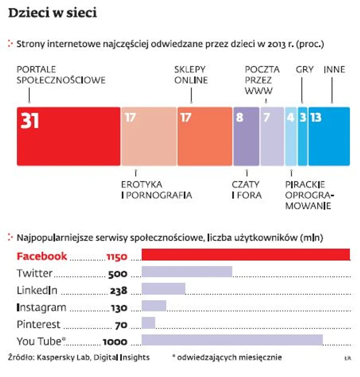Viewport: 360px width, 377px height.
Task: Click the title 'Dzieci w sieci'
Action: [x=53, y=13]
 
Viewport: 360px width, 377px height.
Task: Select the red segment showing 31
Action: [x=68, y=136]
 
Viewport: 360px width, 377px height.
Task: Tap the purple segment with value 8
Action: [x=243, y=136]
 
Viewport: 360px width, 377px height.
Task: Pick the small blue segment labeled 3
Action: [x=303, y=136]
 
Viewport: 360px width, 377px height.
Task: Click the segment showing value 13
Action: [x=329, y=136]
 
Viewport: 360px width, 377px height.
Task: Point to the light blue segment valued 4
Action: [x=291, y=136]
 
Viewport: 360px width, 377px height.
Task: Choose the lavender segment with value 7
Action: [x=272, y=136]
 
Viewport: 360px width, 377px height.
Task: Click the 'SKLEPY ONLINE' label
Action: [x=191, y=75]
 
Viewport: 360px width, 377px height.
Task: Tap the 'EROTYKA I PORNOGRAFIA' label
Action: [x=157, y=190]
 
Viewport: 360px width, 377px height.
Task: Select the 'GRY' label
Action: [x=305, y=70]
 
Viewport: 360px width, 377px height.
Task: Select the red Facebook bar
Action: [x=246, y=254]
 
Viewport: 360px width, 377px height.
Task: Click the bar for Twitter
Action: [x=186, y=272]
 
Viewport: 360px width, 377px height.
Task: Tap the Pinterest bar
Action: [x=148, y=323]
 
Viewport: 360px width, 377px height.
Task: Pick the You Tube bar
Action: [x=232, y=340]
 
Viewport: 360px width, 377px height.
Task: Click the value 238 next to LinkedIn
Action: [x=119, y=291]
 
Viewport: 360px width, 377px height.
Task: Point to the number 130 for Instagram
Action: [x=119, y=308]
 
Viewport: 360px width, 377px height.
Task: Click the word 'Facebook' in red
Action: [x=42, y=256]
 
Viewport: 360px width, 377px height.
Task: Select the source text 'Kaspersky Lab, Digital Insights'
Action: [x=93, y=357]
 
